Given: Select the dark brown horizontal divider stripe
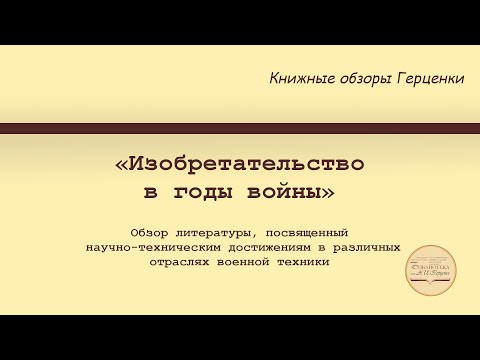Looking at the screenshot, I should tap(240, 127).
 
